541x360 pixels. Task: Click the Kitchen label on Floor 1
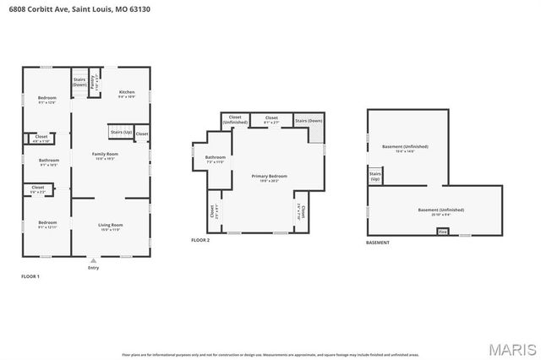point(126,93)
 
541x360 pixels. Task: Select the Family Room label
point(105,155)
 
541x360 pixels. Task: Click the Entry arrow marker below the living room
point(93,261)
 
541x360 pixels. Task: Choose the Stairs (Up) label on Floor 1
point(121,132)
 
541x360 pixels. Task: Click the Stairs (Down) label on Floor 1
point(79,83)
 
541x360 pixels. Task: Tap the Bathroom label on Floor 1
point(48,161)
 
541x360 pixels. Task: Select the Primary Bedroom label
point(269,177)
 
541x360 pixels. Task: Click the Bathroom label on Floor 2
point(215,158)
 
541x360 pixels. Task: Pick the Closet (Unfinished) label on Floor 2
point(235,120)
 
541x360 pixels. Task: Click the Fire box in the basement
point(441,231)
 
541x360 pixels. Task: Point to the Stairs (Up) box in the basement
point(374,177)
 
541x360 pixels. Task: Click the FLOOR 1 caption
point(30,276)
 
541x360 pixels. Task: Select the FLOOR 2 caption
point(200,241)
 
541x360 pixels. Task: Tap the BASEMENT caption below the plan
point(378,243)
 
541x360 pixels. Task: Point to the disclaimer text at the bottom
point(270,331)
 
